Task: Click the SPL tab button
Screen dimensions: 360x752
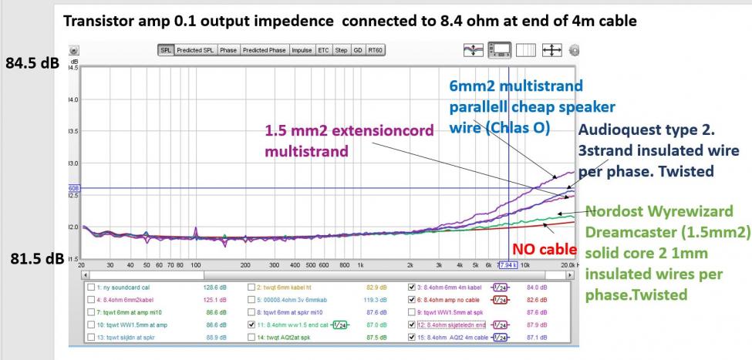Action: point(166,50)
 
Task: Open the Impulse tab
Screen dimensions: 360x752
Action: point(301,50)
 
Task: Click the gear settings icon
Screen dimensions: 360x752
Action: point(573,50)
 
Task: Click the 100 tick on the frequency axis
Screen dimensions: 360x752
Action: point(196,264)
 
